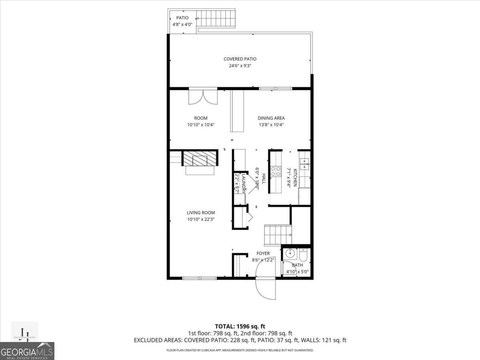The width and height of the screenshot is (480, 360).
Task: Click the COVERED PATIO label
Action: coord(240,59)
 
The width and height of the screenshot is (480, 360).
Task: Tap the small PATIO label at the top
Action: coord(182,18)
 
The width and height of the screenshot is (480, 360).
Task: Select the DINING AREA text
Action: coord(271,118)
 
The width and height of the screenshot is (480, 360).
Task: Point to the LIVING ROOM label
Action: coord(201,213)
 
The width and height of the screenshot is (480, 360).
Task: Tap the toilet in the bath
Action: coord(303,254)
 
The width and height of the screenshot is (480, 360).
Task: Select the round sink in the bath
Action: coord(290,254)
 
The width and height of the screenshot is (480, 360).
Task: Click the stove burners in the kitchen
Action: coord(276,171)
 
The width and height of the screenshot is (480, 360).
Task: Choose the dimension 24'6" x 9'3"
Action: coord(240,66)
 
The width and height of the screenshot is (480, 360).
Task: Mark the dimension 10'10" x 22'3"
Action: coord(201,219)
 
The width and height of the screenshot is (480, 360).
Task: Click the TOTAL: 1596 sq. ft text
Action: coord(240,326)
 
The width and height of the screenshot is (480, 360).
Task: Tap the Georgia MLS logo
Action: coord(27,351)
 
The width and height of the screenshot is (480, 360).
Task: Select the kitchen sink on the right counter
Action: coord(305,163)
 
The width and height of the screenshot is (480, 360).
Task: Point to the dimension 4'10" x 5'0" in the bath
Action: coord(297,272)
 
